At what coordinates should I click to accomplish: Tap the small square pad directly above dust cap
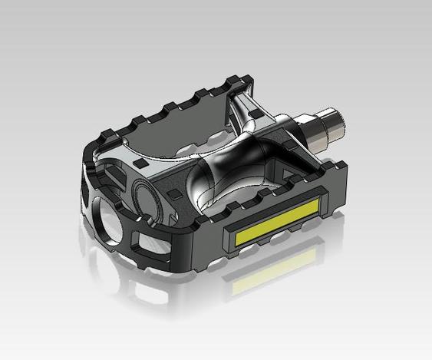pos(140,165)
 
